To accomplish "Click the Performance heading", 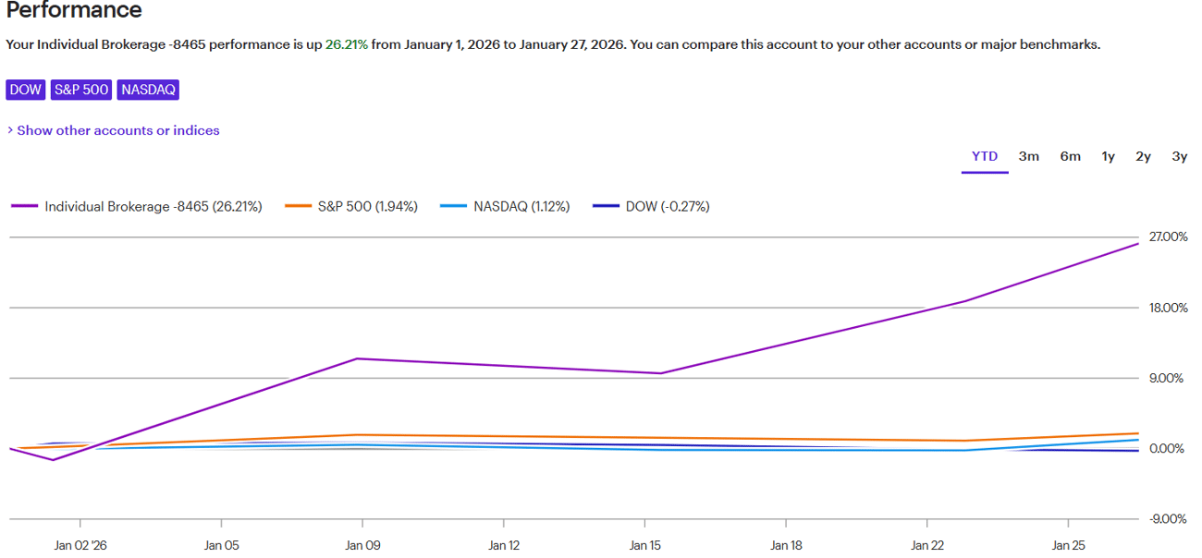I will (74, 11).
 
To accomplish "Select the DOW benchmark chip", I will (25, 90).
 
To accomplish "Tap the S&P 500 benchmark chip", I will (81, 90).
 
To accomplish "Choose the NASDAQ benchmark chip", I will (148, 90).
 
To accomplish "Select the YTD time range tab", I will (985, 156).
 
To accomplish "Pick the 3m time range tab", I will (1029, 156).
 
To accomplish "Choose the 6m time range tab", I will (1071, 156).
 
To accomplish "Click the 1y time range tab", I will (1109, 156).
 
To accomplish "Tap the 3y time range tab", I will (1180, 156).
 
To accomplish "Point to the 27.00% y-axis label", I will (1168, 237).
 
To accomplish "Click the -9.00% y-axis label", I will (1168, 519).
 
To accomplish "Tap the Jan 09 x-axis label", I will (362, 546).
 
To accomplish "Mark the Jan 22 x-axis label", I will (926, 546).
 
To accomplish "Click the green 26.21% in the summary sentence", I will (347, 44).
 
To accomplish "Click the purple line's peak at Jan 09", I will (357, 358).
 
